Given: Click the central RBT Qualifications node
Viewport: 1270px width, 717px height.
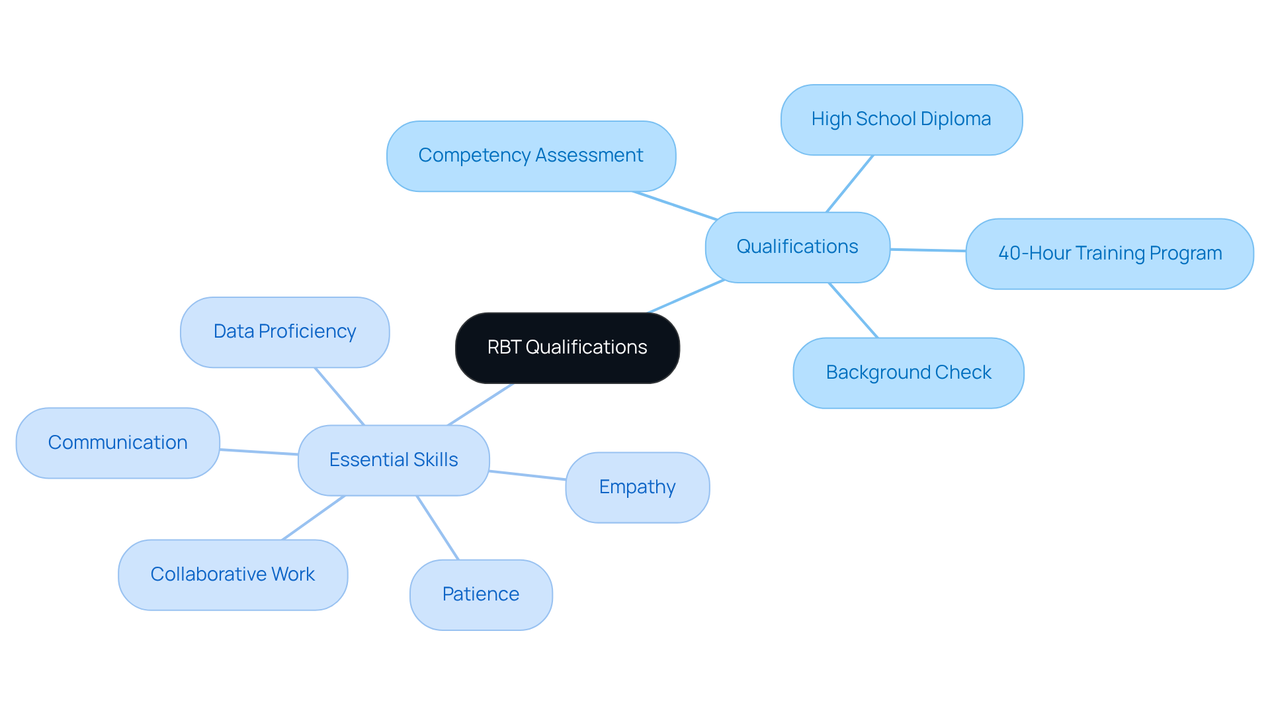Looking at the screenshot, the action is (567, 348).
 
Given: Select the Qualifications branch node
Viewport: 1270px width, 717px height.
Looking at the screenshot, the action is (797, 247).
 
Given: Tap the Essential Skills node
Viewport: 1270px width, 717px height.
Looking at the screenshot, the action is (394, 460).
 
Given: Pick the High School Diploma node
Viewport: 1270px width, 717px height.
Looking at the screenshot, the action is (901, 119).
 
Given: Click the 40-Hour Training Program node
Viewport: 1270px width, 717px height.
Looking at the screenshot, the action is (1109, 254).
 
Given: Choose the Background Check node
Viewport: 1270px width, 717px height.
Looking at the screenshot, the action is (908, 373).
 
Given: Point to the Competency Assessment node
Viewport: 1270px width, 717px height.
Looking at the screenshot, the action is (530, 156).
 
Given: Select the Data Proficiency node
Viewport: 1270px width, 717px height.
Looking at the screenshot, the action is (284, 332).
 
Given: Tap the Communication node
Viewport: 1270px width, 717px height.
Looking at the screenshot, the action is (118, 443).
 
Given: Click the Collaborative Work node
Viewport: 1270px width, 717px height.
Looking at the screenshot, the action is (233, 575).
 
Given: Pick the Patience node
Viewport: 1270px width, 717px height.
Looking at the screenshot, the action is (481, 595).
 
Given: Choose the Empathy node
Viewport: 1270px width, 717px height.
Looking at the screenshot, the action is (637, 487).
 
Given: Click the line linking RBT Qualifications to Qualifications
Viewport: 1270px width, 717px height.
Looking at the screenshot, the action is (686, 296).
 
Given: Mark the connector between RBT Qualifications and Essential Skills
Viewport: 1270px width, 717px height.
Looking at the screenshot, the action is (480, 405).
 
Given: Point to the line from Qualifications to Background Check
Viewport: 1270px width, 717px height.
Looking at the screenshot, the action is (853, 311).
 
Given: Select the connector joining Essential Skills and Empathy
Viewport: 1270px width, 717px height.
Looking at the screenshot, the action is (527, 475).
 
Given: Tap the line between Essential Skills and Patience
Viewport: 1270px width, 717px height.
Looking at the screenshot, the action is (437, 528).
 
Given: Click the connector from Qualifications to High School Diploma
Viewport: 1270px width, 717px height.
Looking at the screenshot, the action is (850, 183).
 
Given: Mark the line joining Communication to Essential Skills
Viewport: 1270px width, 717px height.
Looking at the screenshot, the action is (259, 452).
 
